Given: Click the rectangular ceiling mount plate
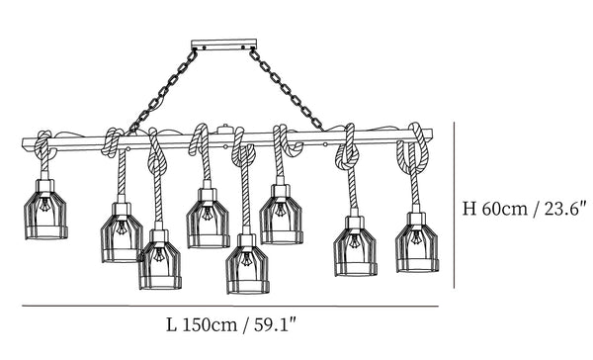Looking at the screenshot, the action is tap(224, 45).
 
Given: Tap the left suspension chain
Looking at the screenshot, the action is tap(163, 92).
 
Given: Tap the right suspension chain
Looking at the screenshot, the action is tap(287, 90).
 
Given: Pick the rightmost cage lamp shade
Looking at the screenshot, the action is tap(417, 247).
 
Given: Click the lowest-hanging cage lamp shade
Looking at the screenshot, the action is tap(248, 270).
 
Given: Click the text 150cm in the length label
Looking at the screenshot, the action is tap(210, 325).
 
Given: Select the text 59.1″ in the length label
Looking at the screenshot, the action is tap(274, 324).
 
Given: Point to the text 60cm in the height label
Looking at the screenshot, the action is tap(504, 209).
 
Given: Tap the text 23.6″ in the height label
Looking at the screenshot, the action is tap(565, 209).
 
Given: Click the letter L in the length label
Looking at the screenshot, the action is tap(171, 325).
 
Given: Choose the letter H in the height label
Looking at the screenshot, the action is tap(469, 209).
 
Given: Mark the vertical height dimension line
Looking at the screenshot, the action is tap(455, 205).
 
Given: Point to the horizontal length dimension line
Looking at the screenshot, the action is tap(230, 306).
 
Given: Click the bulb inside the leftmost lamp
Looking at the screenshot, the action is tap(45, 205).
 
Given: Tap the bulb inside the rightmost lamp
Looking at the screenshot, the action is tap(417, 237).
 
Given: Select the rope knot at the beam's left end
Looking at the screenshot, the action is tap(44, 145).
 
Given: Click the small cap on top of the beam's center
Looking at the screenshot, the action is tap(224, 130).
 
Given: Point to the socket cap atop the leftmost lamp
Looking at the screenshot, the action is tap(45, 185).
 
